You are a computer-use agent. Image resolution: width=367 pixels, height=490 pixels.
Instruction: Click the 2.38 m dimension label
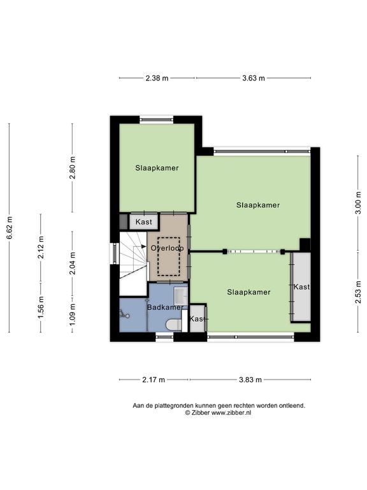[x=157, y=78]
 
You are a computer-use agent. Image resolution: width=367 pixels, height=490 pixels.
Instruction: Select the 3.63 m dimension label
[x=254, y=78]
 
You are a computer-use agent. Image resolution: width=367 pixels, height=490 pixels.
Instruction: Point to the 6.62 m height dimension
[x=10, y=228]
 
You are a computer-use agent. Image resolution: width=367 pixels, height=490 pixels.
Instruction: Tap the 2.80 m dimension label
[x=73, y=168]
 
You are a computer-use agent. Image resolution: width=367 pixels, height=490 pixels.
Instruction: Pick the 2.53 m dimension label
[x=358, y=292]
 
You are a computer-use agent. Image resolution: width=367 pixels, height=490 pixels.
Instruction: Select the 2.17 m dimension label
[x=154, y=380]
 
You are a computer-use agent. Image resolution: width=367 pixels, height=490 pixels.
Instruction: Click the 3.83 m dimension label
[x=250, y=380]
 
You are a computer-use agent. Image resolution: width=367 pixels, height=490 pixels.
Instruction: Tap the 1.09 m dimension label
[x=73, y=314]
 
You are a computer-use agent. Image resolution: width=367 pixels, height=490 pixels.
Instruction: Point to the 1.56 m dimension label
[x=41, y=308]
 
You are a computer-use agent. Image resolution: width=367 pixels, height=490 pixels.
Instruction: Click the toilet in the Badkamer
[x=173, y=324]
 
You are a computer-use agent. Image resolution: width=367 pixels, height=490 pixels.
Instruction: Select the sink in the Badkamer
[x=181, y=296]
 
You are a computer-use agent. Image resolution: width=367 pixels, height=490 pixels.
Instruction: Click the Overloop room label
[x=168, y=248]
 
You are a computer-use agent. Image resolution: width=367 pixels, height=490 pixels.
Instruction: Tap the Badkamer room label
[x=165, y=308]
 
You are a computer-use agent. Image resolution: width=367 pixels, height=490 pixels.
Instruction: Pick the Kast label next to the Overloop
[x=144, y=222]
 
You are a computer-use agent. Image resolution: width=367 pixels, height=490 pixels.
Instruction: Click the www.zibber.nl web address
[x=231, y=413]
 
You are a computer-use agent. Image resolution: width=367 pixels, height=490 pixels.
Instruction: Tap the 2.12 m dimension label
[x=41, y=248]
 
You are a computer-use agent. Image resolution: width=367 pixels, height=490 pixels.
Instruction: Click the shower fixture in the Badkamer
[x=124, y=315]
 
